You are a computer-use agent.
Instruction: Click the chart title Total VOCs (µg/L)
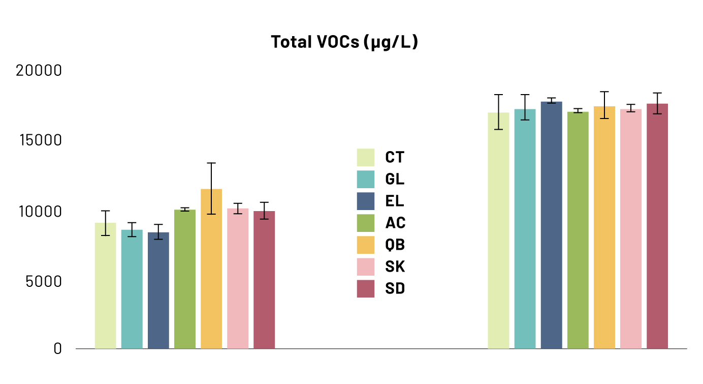click(x=344, y=42)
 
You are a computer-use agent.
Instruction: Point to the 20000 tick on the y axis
click(x=39, y=70)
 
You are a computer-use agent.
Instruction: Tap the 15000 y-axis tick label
click(x=39, y=140)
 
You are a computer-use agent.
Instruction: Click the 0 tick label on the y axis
click(x=58, y=349)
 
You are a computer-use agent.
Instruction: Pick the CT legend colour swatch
click(x=366, y=157)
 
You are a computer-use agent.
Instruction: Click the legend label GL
click(x=395, y=179)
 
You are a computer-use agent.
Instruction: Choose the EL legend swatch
click(x=366, y=201)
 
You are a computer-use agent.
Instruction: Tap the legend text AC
click(x=395, y=223)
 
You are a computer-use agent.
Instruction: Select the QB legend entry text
click(x=395, y=245)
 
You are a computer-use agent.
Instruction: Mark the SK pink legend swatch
click(x=366, y=267)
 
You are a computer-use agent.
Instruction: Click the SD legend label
click(x=395, y=288)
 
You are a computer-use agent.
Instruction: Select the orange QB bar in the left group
click(x=211, y=270)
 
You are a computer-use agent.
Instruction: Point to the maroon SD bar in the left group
click(x=264, y=280)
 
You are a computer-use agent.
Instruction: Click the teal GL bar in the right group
click(x=525, y=229)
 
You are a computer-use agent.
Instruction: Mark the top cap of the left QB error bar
click(x=211, y=163)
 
